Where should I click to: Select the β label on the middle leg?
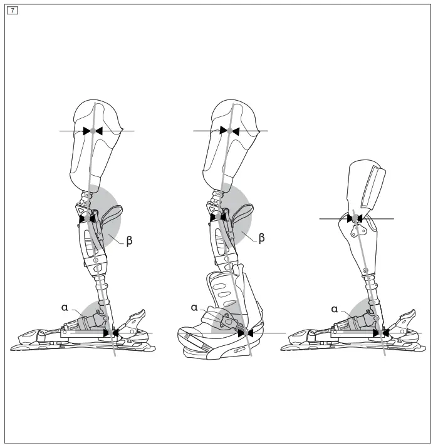click(x=262, y=238)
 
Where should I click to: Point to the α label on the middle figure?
click(x=194, y=307)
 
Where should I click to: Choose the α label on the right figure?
click(x=335, y=308)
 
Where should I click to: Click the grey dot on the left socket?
click(x=92, y=131)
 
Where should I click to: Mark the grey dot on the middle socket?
click(x=230, y=130)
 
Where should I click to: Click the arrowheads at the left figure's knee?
click(x=87, y=218)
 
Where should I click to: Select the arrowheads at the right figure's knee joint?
click(x=355, y=218)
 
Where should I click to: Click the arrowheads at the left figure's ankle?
click(x=110, y=333)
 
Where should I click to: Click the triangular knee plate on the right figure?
click(x=358, y=228)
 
